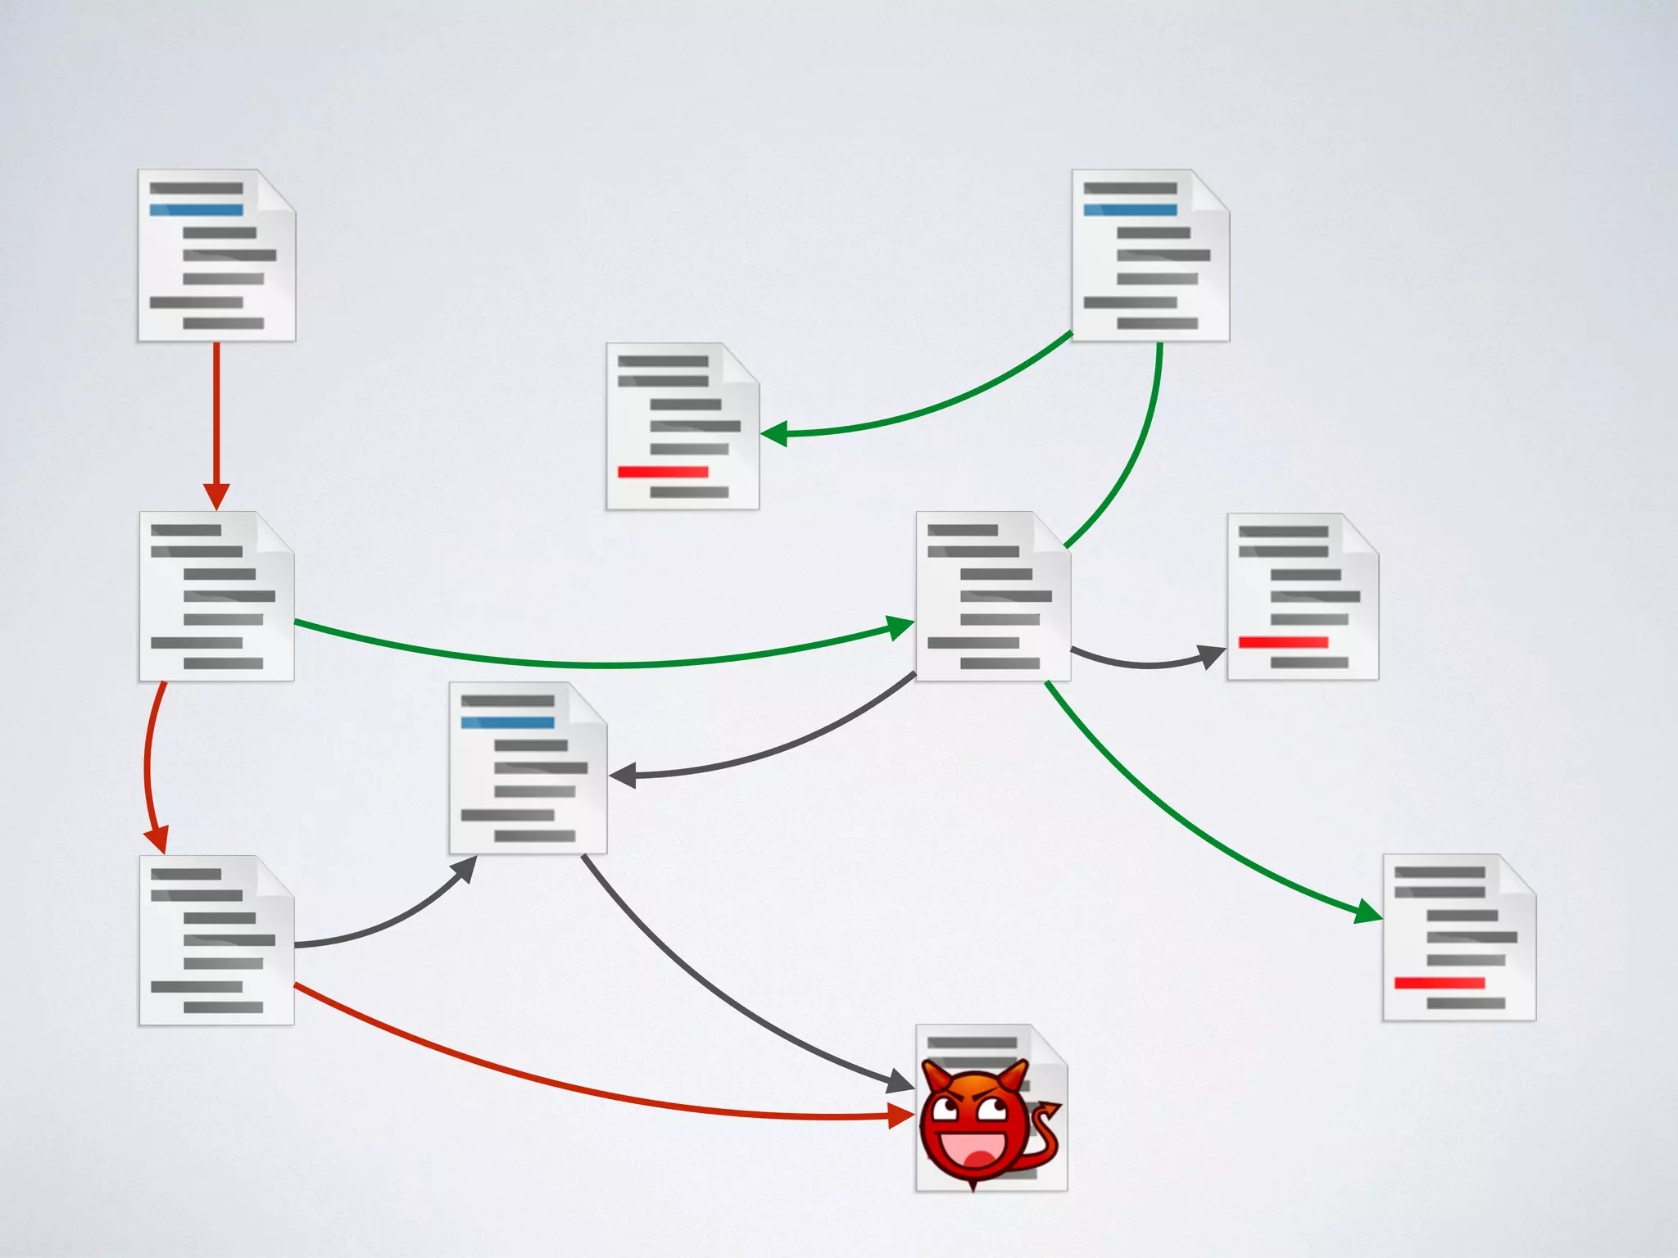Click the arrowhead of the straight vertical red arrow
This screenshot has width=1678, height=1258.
pos(216,496)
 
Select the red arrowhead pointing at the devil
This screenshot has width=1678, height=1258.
pos(902,1115)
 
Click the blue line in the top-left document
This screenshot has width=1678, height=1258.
pos(197,210)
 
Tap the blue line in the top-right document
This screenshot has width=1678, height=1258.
pos(1130,210)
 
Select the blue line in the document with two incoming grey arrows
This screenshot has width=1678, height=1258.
pos(507,722)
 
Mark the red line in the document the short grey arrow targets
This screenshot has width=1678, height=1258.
pos(1283,642)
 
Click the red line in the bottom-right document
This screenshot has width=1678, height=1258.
pos(1440,983)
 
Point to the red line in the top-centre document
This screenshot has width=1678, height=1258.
pos(663,472)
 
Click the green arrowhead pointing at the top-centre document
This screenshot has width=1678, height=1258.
pos(774,433)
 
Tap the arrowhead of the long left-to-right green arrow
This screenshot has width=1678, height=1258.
pos(901,627)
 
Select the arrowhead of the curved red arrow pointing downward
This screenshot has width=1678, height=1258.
pos(156,841)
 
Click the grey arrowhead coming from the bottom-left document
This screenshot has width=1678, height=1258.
pos(465,869)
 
